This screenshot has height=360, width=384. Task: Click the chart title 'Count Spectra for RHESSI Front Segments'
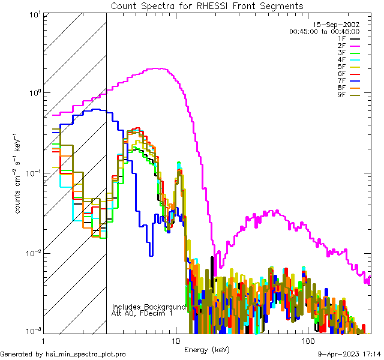207,6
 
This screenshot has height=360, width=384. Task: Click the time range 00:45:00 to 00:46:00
324,31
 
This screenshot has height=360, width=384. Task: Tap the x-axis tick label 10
175,340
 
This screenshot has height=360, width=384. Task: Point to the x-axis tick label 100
308,340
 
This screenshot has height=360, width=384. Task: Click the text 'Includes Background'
148,307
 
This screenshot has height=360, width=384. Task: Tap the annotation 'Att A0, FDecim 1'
142,313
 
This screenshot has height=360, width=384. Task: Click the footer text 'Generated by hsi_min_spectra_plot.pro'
63,354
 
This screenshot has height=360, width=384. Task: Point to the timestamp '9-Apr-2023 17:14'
347,354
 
